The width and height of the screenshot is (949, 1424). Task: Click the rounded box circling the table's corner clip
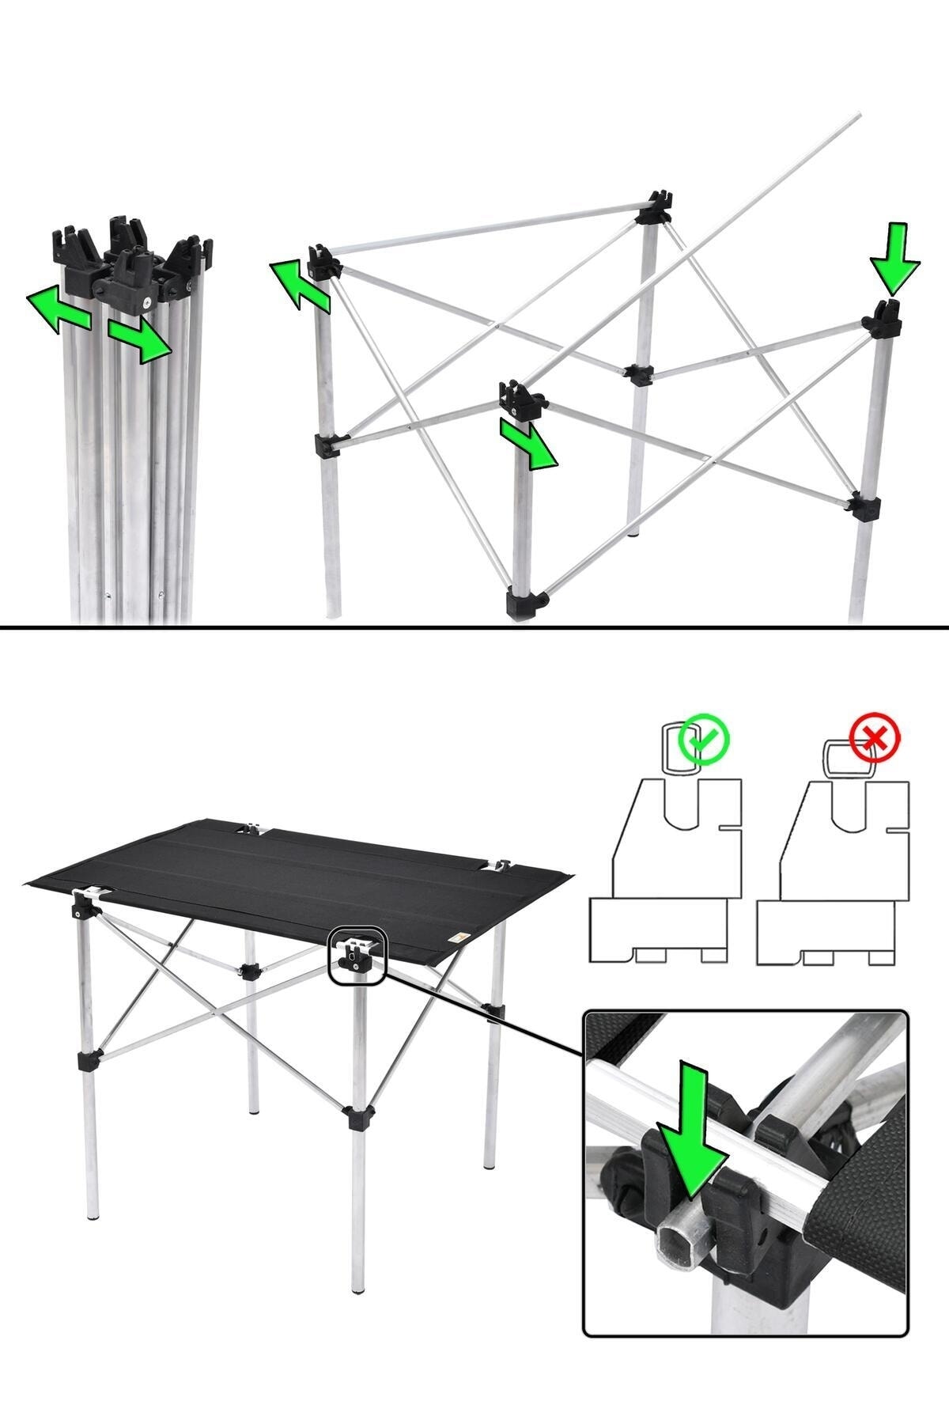pyautogui.click(x=356, y=956)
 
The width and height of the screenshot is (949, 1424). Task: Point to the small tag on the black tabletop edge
pyautogui.click(x=456, y=938)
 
